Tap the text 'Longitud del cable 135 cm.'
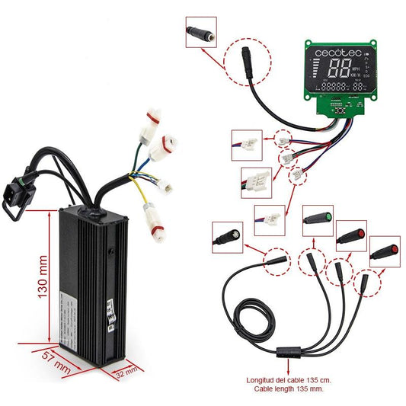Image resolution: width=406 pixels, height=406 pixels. [x=289, y=380]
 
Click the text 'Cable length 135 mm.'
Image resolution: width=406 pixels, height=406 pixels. [x=289, y=389]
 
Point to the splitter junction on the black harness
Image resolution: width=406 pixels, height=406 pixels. [x=289, y=354]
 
